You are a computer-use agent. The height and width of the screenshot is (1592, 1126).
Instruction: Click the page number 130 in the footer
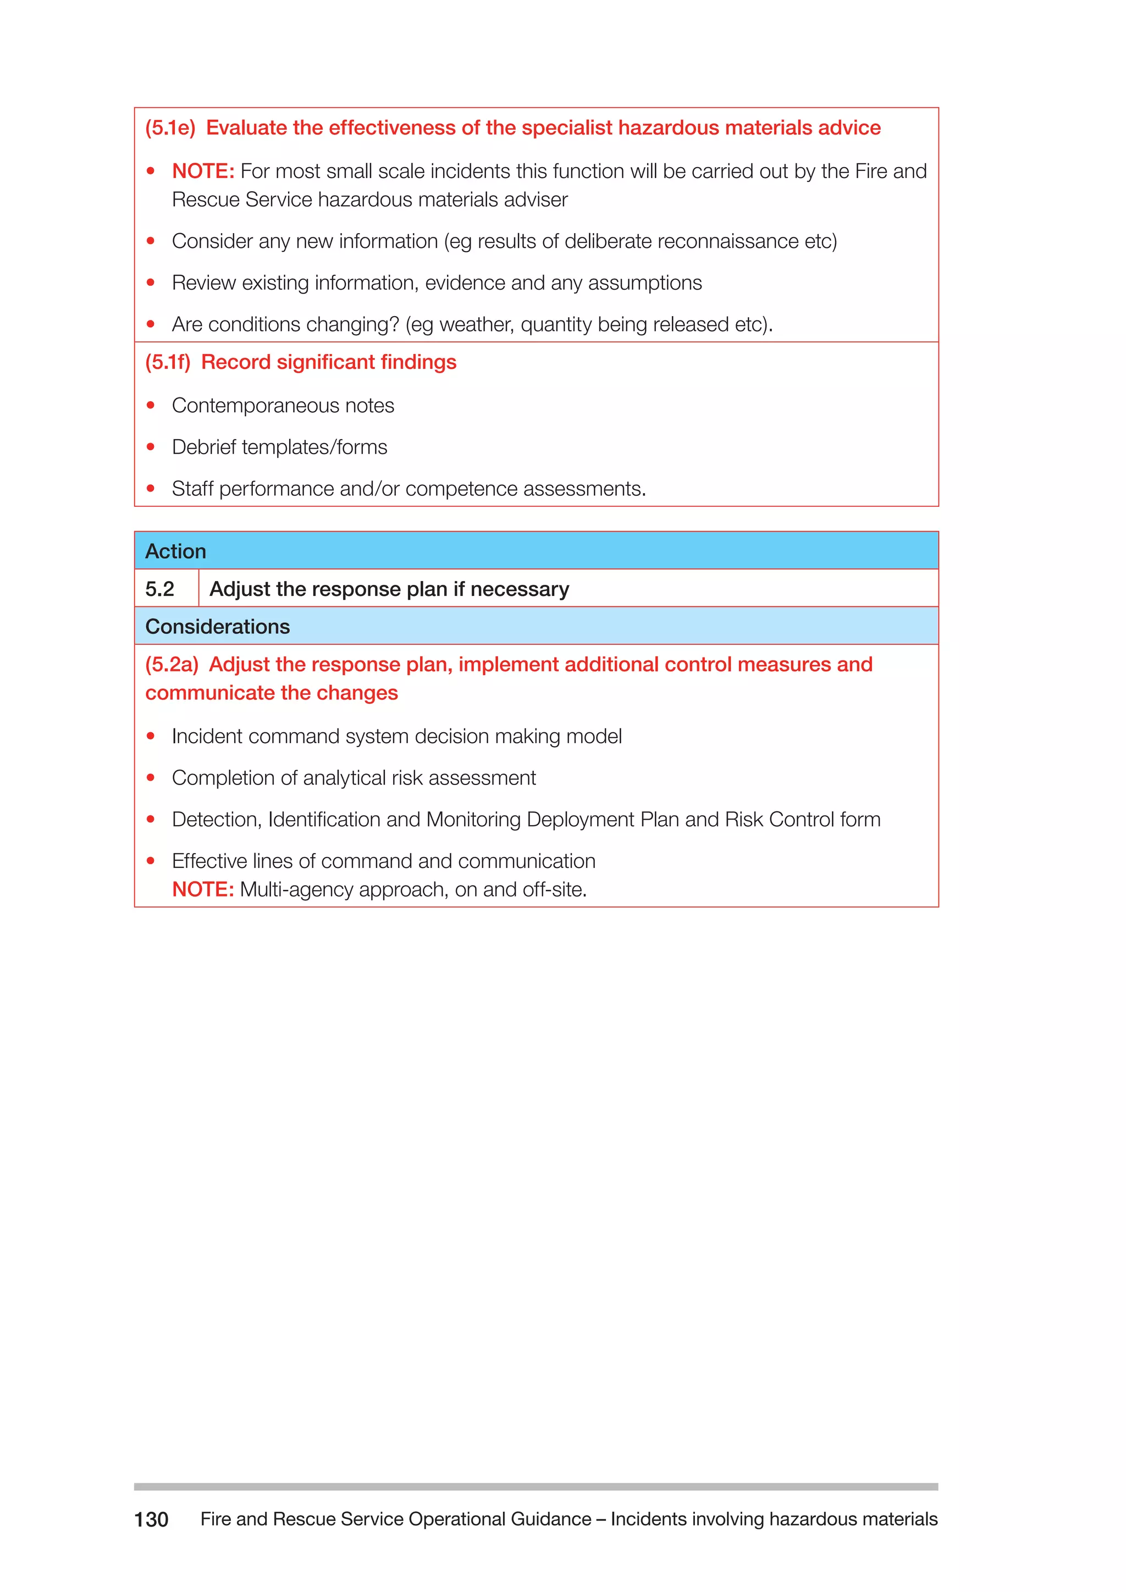(151, 1519)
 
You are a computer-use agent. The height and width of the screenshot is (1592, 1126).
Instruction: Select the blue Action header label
(175, 551)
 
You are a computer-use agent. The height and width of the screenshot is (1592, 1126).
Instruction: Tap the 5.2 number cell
(160, 589)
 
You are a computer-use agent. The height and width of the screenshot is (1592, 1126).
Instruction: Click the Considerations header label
(217, 626)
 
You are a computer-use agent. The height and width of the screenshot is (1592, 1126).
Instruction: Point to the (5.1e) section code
(170, 128)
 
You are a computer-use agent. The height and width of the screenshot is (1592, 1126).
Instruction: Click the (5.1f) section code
(168, 362)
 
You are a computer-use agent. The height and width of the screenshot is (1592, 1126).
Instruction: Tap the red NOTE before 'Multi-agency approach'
(202, 889)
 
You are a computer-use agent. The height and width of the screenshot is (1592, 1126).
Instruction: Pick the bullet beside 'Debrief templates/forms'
(151, 447)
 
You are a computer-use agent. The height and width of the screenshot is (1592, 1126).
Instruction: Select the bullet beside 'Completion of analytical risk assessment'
(151, 778)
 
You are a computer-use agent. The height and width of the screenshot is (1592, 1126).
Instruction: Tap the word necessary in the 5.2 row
(520, 589)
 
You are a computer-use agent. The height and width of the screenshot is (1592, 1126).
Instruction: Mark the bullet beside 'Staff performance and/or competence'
(151, 489)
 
